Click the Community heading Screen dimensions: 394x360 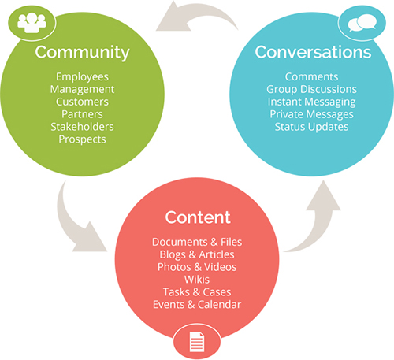(82, 53)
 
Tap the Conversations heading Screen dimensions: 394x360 (313, 52)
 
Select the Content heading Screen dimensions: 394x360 (198, 217)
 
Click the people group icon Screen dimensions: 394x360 (32, 23)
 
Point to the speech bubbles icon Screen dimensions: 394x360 (362, 23)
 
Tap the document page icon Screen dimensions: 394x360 (197, 342)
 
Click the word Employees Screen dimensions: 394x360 (82, 77)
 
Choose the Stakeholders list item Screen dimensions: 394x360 (82, 127)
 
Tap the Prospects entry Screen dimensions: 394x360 (82, 139)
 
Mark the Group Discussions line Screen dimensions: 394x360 (311, 90)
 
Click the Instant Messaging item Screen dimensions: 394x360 (311, 102)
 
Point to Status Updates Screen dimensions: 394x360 (311, 127)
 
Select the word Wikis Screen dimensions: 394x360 (197, 280)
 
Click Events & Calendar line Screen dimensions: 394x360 (197, 305)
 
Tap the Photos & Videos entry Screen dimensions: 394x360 (197, 267)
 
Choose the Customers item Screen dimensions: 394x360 (82, 102)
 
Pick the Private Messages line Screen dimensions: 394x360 (311, 114)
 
